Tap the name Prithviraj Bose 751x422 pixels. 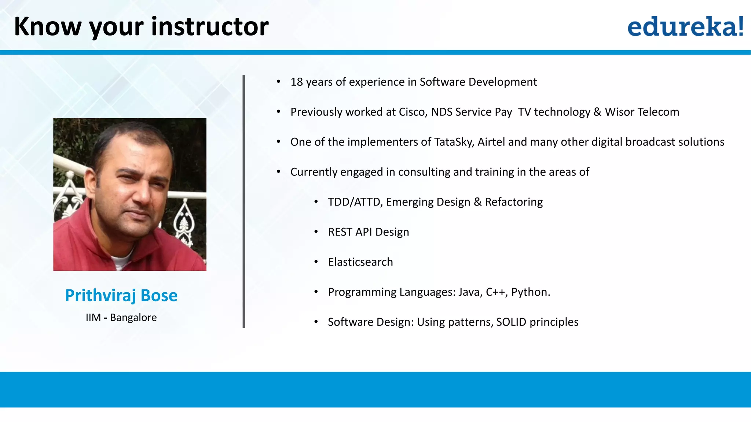[121, 295]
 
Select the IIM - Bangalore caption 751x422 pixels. [121, 317]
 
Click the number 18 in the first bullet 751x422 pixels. [297, 82]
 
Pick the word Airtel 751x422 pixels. [491, 142]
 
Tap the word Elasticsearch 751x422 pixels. [360, 262]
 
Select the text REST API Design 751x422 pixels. [369, 232]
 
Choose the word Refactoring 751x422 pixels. [514, 202]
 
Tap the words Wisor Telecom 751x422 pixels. [642, 112]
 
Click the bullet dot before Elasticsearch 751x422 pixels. [316, 262]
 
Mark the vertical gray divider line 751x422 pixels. [244, 201]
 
